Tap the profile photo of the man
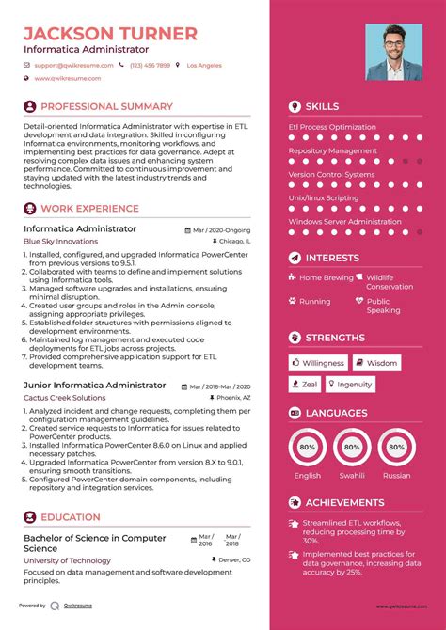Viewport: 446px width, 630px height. [393, 52]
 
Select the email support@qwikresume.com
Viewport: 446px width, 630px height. [73, 66]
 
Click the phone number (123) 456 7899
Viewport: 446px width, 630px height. [150, 66]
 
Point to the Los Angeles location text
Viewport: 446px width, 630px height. [204, 66]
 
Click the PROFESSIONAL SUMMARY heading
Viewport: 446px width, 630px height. [106, 107]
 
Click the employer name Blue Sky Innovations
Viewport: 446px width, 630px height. [60, 241]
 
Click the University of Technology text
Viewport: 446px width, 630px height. [60, 561]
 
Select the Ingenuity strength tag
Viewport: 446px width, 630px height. [349, 384]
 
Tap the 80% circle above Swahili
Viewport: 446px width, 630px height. [351, 448]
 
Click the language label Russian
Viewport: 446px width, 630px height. [396, 476]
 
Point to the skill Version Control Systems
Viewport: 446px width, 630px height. [331, 175]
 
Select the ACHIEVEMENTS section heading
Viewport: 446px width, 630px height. [344, 503]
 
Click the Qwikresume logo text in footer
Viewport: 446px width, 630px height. [78, 606]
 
